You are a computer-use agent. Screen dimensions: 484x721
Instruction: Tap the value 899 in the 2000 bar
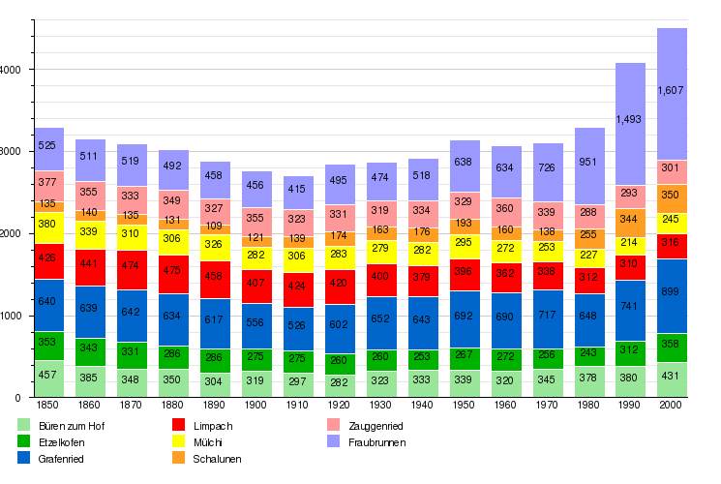coord(672,292)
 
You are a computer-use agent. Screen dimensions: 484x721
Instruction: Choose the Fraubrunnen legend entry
coord(376,442)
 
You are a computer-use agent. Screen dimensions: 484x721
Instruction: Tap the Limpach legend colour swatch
coord(178,425)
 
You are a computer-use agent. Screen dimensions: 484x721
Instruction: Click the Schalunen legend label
coord(218,459)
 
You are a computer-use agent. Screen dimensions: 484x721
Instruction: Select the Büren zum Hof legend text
coord(73,425)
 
